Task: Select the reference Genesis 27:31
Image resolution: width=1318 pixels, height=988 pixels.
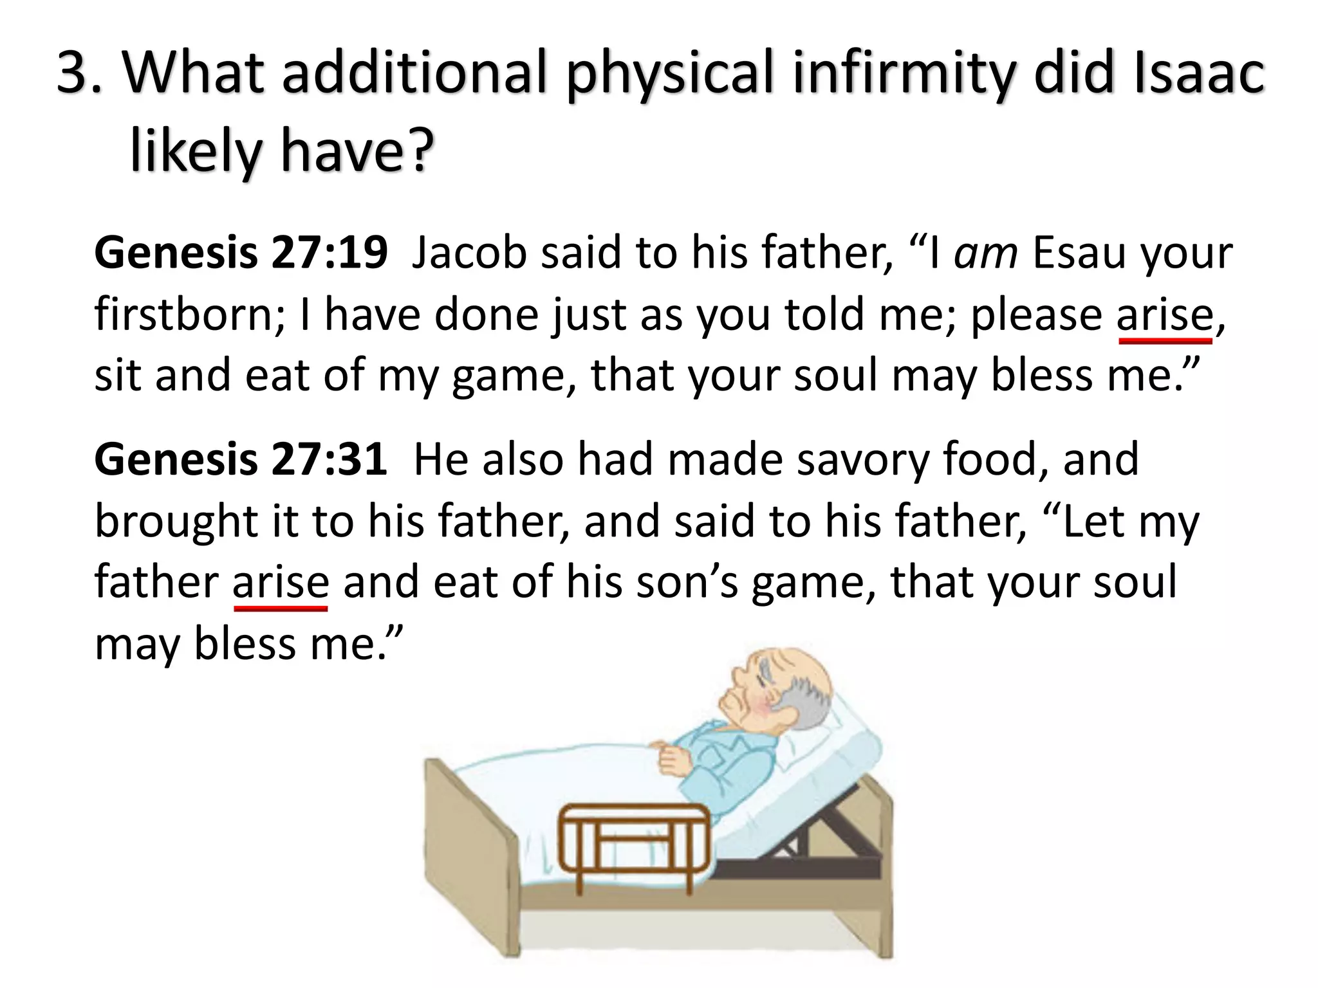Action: click(241, 459)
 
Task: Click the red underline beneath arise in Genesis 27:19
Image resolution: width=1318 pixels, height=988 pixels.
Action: click(1165, 341)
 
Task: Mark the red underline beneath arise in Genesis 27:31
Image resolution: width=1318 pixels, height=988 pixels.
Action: click(281, 608)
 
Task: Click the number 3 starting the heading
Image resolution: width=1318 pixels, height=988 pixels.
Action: click(73, 76)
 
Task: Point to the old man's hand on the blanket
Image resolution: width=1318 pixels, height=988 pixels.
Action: click(673, 759)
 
